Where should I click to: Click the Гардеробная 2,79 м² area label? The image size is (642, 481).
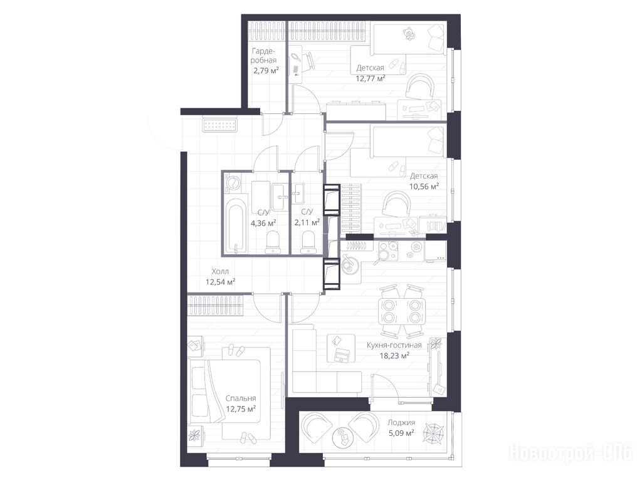point(265,61)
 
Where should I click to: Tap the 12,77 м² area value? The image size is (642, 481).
point(370,78)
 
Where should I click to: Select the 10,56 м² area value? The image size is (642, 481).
point(424,187)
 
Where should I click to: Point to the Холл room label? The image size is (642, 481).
point(220,271)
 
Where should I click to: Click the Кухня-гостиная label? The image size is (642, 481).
point(394,345)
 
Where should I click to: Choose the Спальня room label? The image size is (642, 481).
point(241,398)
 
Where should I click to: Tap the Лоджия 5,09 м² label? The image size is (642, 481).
point(401,427)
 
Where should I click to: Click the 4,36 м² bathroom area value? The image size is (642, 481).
point(263,222)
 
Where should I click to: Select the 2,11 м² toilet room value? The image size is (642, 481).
point(307,222)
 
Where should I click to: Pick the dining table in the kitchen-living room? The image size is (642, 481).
point(402,311)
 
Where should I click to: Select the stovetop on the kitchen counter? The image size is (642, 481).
point(387,251)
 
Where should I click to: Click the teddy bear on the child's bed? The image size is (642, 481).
point(409,34)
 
